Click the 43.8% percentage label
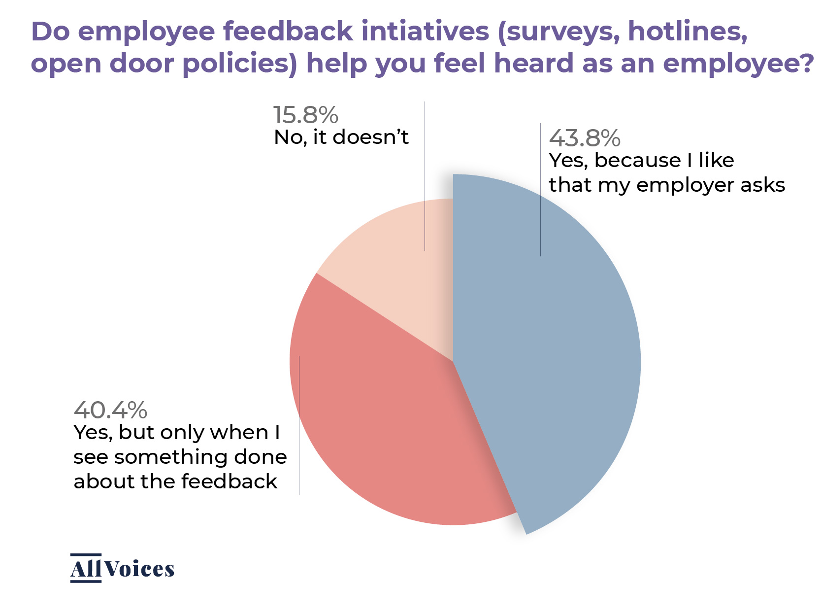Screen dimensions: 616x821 click(x=584, y=138)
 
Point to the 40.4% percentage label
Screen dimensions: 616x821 click(x=110, y=410)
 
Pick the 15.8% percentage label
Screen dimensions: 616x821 click(x=306, y=115)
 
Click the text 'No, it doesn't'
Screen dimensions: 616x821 click(x=341, y=137)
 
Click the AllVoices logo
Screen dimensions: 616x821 click(x=122, y=569)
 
